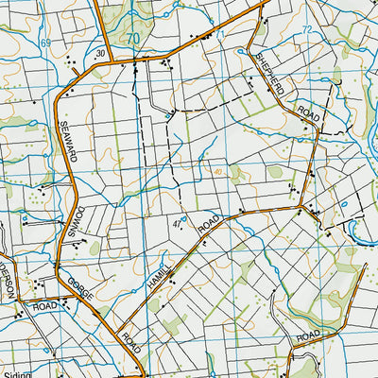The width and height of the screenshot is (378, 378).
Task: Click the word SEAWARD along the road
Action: click(68, 141)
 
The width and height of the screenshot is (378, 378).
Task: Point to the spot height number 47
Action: click(177, 221)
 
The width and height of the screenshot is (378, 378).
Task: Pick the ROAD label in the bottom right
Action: click(309, 336)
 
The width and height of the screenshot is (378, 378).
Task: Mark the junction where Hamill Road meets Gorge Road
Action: click(120, 326)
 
